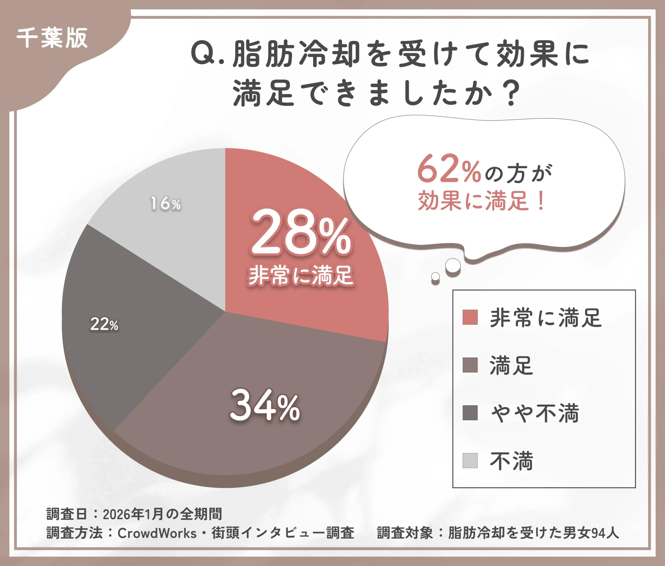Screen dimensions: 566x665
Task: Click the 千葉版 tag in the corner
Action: pyautogui.click(x=52, y=38)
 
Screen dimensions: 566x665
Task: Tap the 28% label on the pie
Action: pyautogui.click(x=301, y=232)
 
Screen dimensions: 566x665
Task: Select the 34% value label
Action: pyautogui.click(x=265, y=405)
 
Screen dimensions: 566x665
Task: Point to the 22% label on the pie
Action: pyautogui.click(x=104, y=324)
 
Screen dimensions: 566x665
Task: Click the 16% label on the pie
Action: pyautogui.click(x=165, y=204)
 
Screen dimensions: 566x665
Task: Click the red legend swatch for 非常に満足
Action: pyautogui.click(x=470, y=317)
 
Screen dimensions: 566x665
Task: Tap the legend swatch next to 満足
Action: pyautogui.click(x=470, y=365)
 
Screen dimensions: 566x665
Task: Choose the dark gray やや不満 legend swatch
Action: pyautogui.click(x=470, y=413)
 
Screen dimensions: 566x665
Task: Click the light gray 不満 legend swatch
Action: pyautogui.click(x=470, y=461)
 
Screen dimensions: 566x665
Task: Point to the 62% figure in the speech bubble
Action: pyautogui.click(x=449, y=169)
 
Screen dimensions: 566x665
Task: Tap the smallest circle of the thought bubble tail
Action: pyautogui.click(x=435, y=276)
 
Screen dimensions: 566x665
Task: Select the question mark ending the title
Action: pyautogui.click(x=511, y=93)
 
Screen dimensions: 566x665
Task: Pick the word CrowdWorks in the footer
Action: pyautogui.click(x=157, y=533)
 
